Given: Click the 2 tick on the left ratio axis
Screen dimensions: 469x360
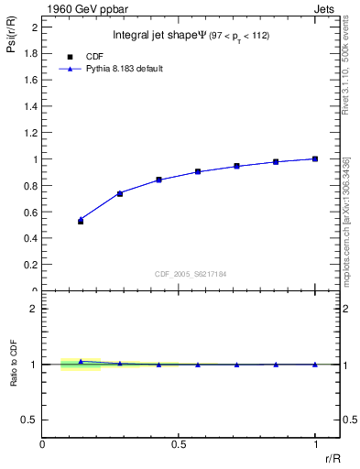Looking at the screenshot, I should click(34, 309).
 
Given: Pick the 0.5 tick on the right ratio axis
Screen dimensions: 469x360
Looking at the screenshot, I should click(349, 420).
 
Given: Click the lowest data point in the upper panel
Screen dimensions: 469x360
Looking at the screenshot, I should click(81, 222).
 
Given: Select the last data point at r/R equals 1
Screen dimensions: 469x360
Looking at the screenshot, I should click(315, 158).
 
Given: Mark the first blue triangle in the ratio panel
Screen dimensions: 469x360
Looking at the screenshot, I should click(81, 362).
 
